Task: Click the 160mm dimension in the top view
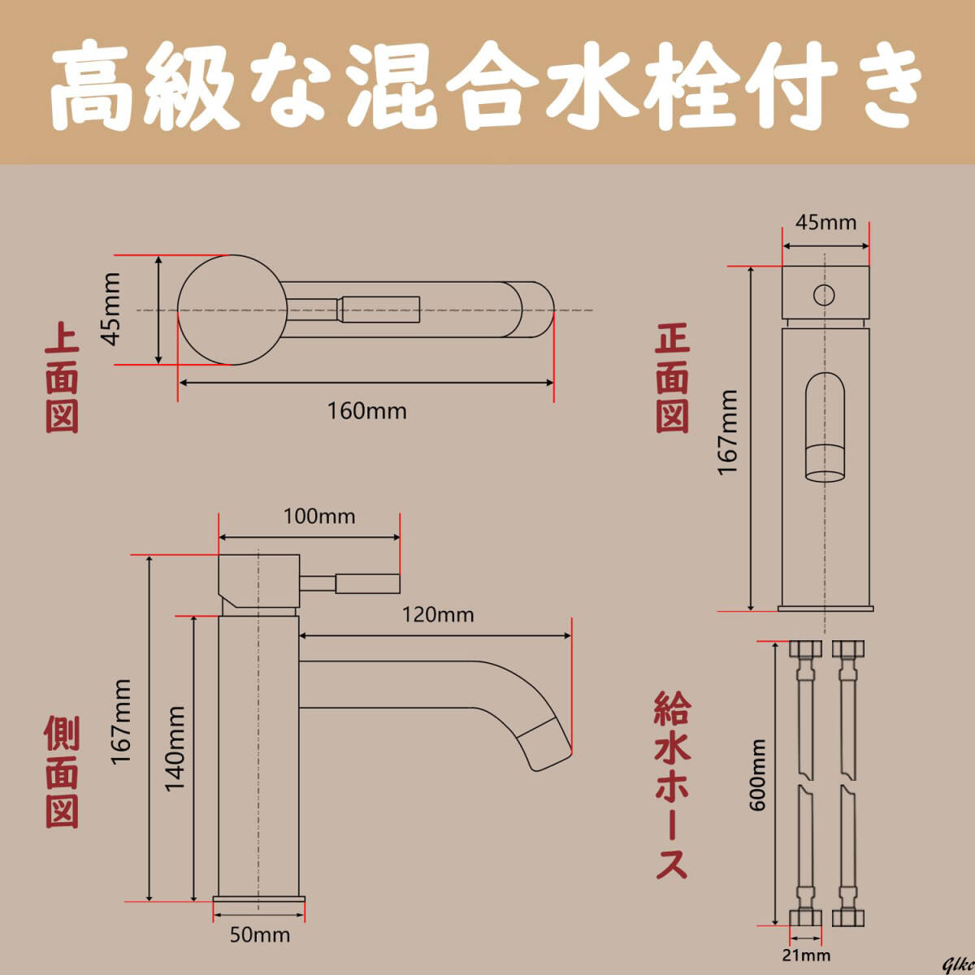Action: click(366, 410)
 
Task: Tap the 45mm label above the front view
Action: click(825, 222)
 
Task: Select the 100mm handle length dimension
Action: click(318, 516)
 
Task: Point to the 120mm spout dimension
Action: click(438, 614)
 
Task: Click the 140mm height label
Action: click(175, 747)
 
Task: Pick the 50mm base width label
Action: click(259, 934)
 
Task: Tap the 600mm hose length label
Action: click(757, 774)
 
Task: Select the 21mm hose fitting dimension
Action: click(806, 955)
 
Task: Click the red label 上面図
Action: click(62, 378)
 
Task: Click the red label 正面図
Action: click(673, 378)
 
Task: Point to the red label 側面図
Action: click(62, 772)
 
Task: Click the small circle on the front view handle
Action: click(824, 294)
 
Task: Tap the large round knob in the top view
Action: click(230, 310)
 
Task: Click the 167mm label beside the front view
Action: click(727, 432)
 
